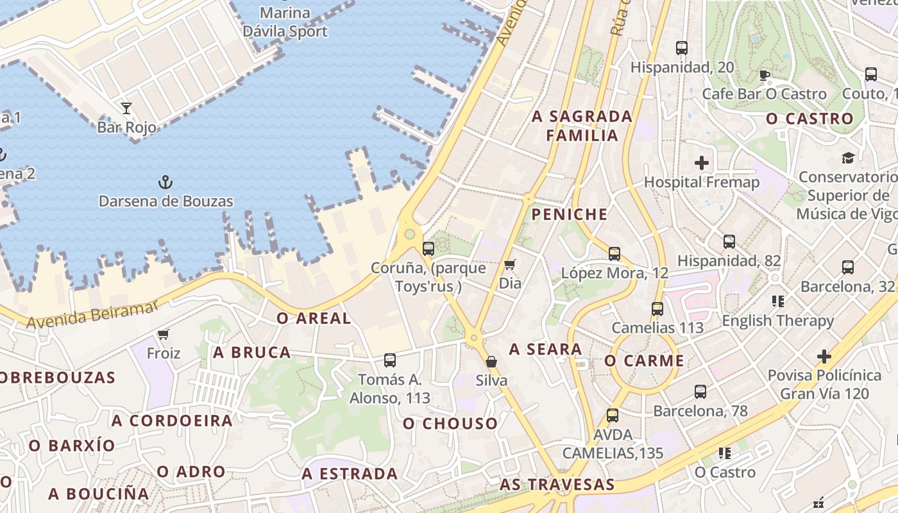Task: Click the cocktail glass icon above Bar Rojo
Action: (x=126, y=108)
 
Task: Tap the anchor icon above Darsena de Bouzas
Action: (x=165, y=182)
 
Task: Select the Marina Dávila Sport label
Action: (x=285, y=22)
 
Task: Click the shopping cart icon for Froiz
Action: (x=164, y=334)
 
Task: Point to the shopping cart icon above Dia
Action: (x=510, y=264)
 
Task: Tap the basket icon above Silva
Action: (x=491, y=362)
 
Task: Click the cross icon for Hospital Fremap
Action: (x=702, y=163)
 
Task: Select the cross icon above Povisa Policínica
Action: (x=824, y=356)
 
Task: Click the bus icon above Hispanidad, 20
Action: (x=682, y=48)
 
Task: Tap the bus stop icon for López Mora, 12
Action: (x=614, y=254)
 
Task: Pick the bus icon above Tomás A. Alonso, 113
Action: (x=390, y=360)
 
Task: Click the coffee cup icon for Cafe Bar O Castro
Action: (x=764, y=75)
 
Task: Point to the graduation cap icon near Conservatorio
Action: (x=848, y=158)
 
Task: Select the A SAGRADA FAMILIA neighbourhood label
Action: (x=582, y=126)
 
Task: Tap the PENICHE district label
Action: (x=570, y=214)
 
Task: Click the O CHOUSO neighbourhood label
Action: (x=450, y=423)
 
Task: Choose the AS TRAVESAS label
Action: (x=557, y=485)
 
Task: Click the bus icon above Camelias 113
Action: (x=657, y=309)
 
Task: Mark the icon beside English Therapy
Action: (x=778, y=301)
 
